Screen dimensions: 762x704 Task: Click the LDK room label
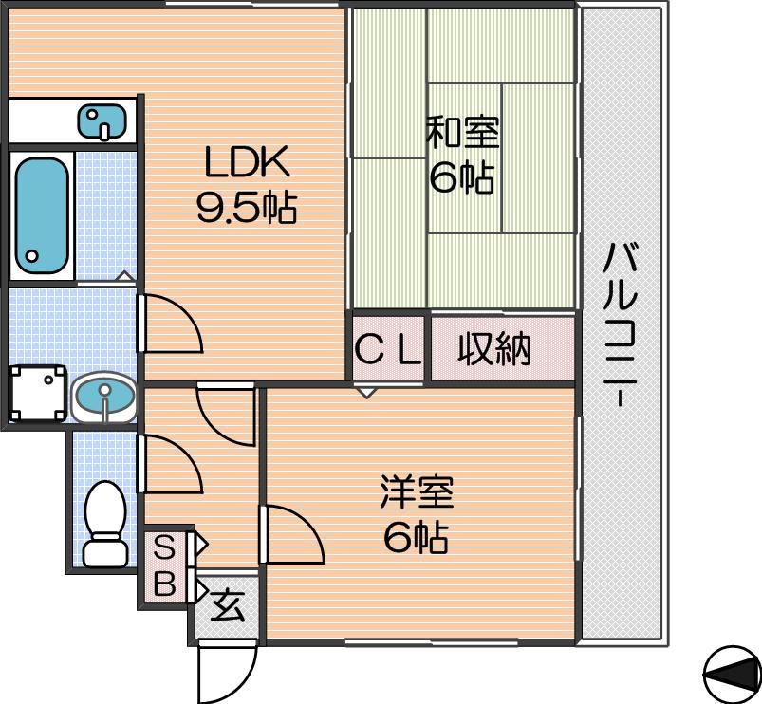click(x=248, y=161)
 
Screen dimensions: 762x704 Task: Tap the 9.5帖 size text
click(x=247, y=207)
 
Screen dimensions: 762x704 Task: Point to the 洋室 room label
click(x=417, y=492)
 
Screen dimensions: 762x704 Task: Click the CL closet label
click(x=388, y=349)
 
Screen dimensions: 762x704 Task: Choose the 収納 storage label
click(x=494, y=348)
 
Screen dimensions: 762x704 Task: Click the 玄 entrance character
click(x=227, y=605)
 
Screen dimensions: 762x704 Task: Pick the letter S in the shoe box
click(x=164, y=549)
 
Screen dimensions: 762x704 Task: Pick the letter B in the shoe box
click(x=164, y=583)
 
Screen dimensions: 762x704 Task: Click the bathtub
click(x=42, y=215)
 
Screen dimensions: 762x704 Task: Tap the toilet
click(x=105, y=524)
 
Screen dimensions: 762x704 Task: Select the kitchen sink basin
click(x=102, y=120)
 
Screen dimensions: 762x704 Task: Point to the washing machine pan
click(x=38, y=393)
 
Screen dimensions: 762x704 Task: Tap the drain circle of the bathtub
click(x=32, y=255)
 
